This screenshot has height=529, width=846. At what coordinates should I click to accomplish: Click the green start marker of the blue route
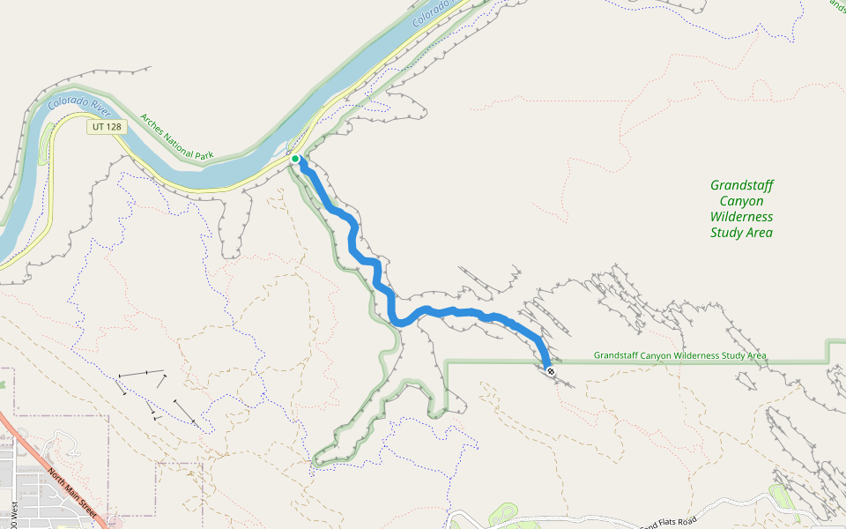[296, 160]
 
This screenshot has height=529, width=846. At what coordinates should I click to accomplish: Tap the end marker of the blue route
[551, 372]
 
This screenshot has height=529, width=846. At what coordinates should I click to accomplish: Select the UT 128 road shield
[107, 127]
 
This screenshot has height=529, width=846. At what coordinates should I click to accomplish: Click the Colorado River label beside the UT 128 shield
[79, 104]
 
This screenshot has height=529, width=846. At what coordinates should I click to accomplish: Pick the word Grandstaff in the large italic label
[741, 185]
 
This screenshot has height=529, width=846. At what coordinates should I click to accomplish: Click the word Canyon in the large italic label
[741, 201]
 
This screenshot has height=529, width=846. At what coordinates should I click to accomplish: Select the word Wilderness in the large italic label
[741, 217]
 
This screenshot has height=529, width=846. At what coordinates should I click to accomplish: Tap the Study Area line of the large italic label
[741, 233]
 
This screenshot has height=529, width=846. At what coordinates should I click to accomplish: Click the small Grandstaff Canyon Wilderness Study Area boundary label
[679, 356]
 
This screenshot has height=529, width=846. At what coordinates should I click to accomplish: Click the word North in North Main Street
[56, 477]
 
